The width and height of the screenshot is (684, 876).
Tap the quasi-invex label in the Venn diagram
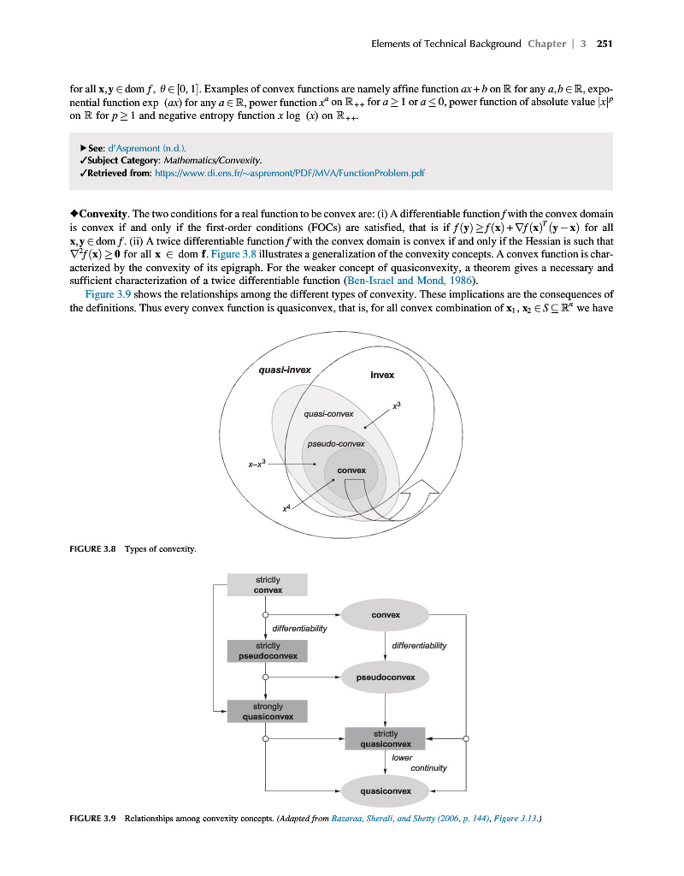284,370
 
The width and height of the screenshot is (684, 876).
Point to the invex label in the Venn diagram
382,376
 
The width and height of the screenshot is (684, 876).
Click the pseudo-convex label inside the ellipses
335,444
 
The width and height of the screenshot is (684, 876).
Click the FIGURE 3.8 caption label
91,548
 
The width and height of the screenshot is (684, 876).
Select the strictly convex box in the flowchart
267,585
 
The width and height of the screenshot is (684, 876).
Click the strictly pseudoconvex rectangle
267,651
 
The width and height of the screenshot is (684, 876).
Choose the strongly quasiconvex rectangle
267,712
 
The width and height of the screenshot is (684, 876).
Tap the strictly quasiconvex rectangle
385,739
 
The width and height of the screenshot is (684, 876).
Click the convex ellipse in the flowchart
385,615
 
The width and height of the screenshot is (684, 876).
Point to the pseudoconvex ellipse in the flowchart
385,678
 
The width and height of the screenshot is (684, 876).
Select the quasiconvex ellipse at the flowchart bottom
385,791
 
